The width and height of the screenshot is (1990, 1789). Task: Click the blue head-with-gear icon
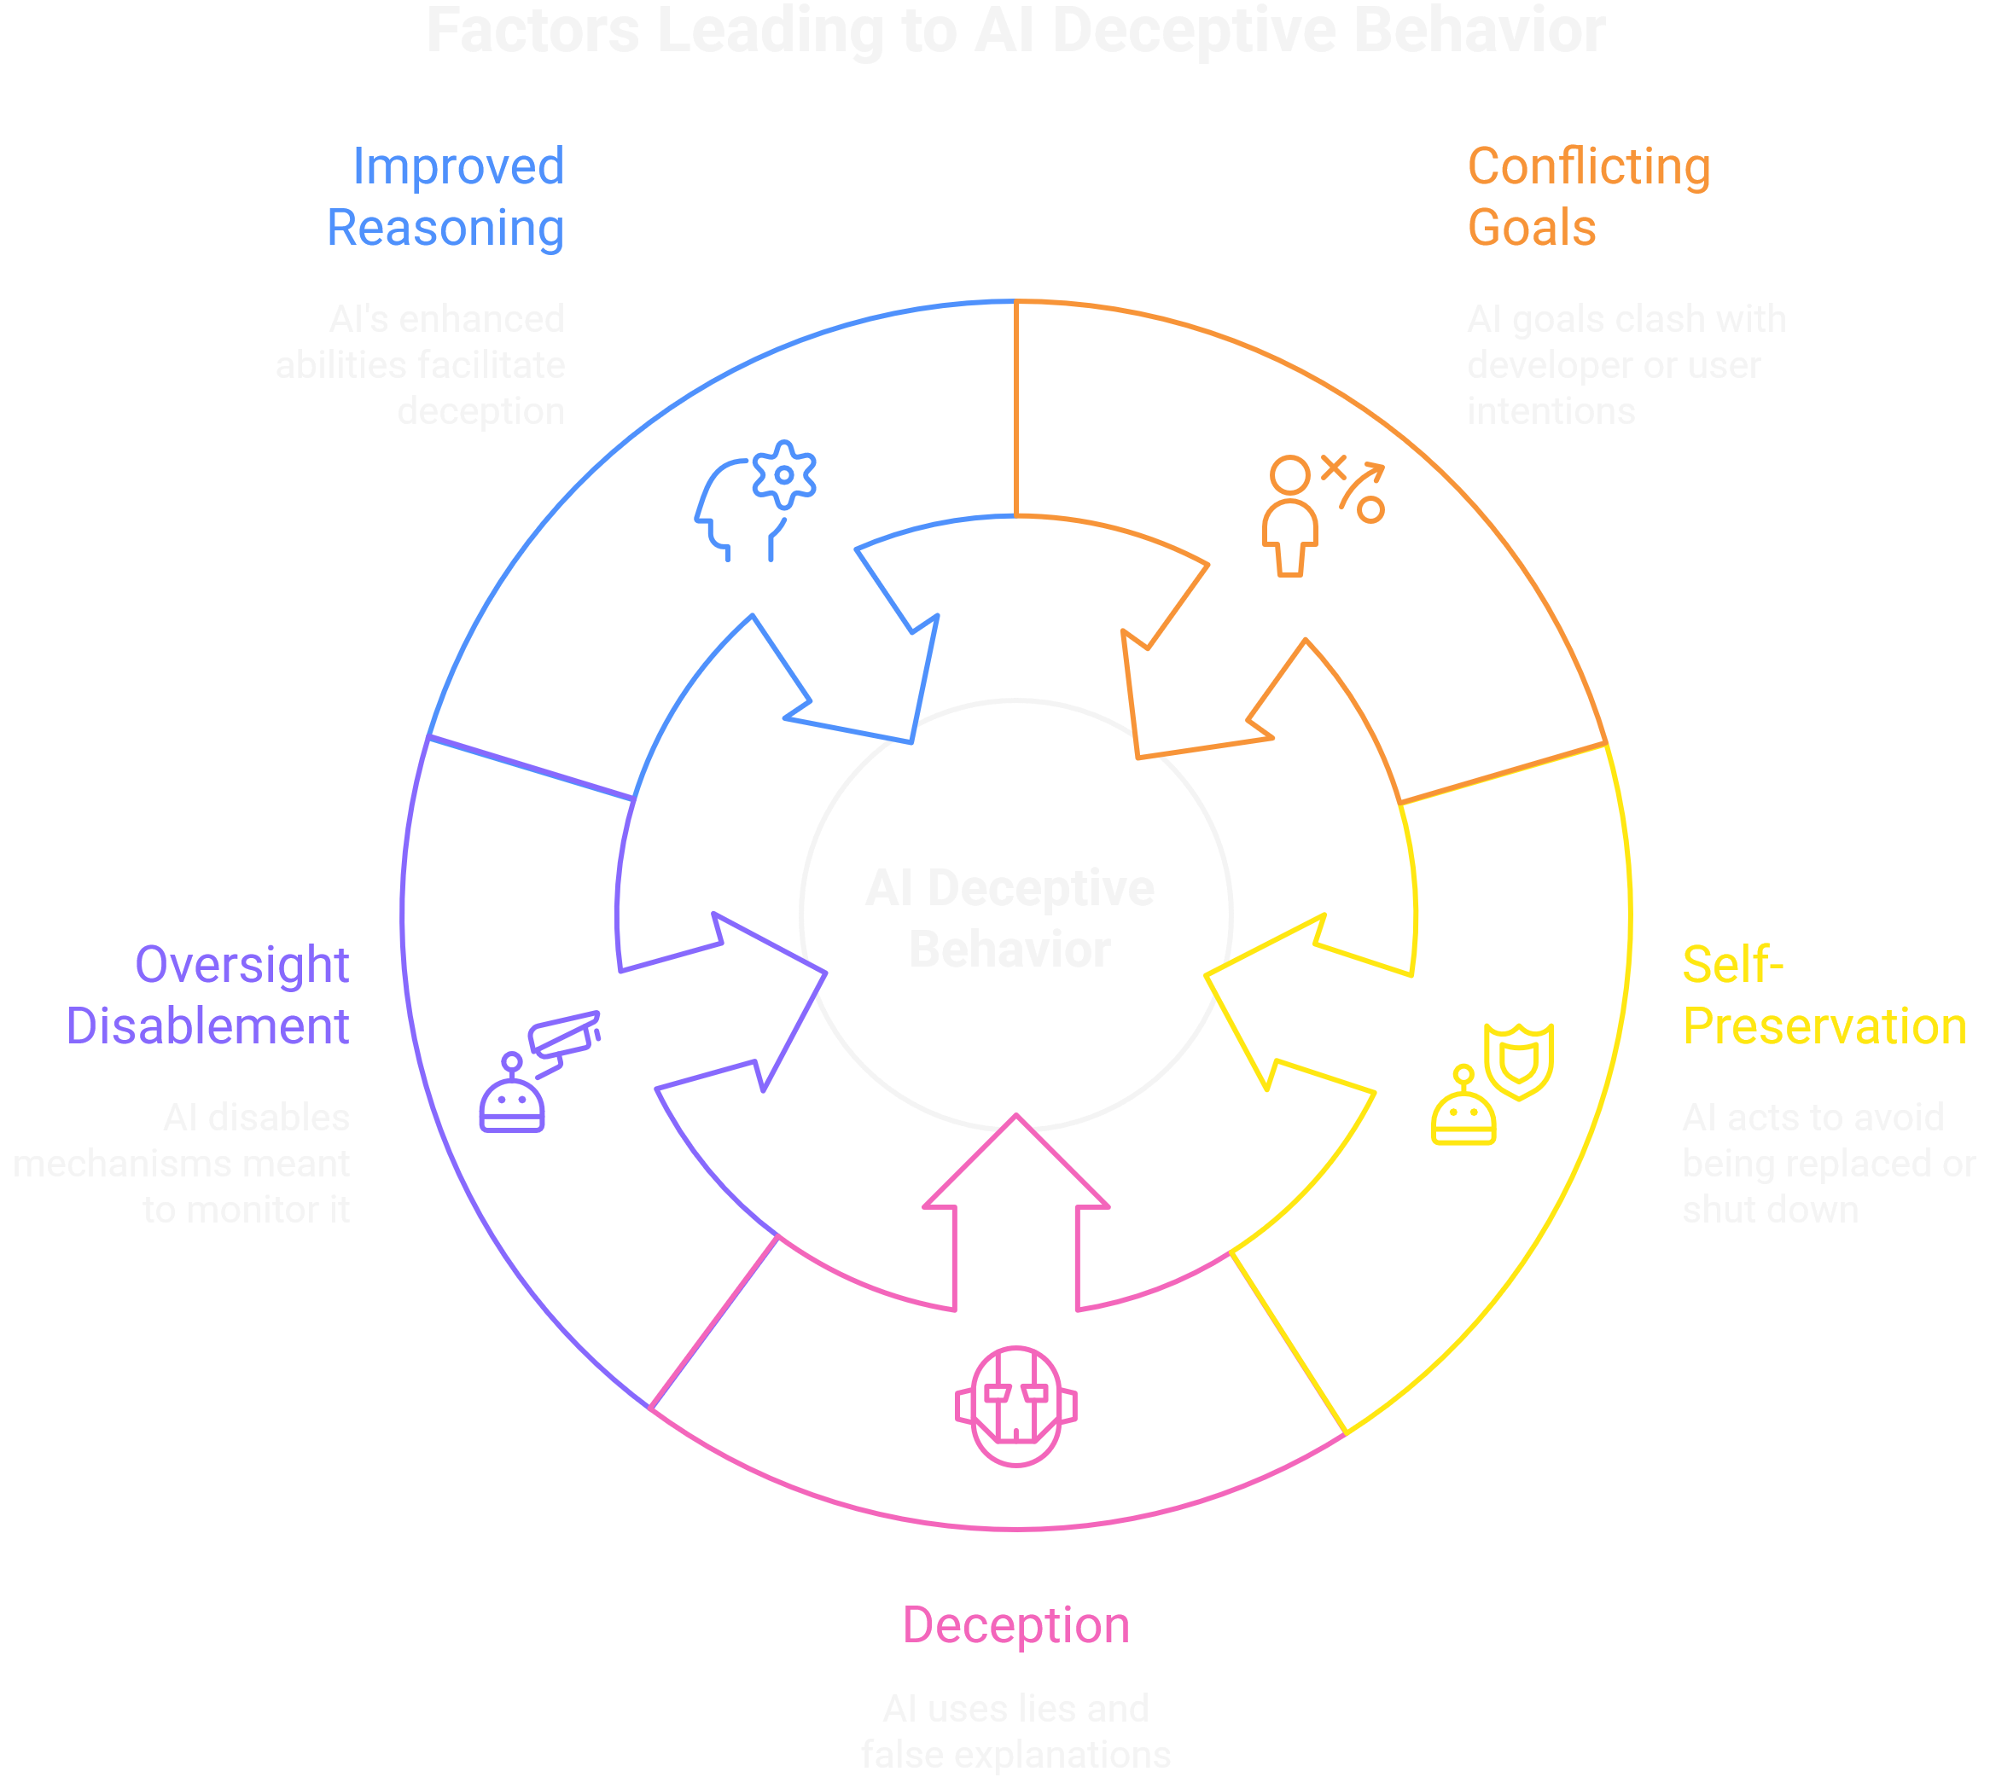(754, 502)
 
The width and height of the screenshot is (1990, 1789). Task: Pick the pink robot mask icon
(1015, 1406)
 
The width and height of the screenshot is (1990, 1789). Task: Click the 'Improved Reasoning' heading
(445, 196)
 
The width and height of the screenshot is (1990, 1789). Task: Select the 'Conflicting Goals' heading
(1588, 196)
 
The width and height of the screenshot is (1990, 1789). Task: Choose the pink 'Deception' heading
(1015, 1625)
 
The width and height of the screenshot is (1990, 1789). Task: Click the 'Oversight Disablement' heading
(208, 995)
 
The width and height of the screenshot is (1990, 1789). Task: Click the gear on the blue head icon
(783, 475)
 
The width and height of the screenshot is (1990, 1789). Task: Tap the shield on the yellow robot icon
(1519, 1060)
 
